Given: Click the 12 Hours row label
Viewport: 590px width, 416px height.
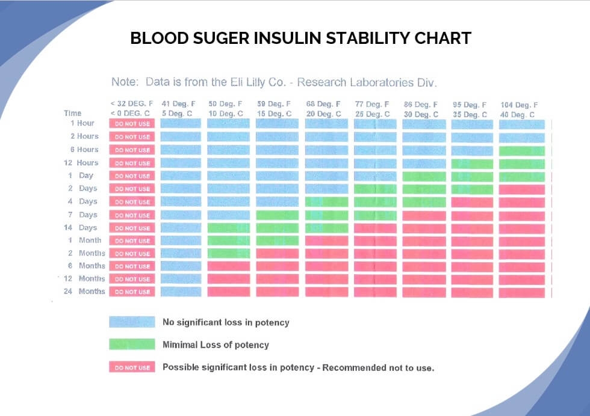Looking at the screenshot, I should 81,163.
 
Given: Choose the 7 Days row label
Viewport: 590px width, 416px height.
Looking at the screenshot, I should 81,215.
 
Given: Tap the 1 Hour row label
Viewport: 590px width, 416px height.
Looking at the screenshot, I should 82,123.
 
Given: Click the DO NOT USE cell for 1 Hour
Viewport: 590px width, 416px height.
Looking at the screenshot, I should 132,124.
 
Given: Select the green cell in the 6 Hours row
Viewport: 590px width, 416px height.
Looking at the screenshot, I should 521,150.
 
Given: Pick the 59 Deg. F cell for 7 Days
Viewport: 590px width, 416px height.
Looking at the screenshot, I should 277,215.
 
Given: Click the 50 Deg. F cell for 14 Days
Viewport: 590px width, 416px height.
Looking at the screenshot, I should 228,228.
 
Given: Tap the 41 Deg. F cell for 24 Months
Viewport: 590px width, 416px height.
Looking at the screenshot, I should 181,292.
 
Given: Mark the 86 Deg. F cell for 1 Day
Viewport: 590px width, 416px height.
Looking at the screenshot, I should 424,176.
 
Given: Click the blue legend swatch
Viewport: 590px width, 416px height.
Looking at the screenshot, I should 132,322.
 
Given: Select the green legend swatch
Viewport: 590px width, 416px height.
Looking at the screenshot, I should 132,344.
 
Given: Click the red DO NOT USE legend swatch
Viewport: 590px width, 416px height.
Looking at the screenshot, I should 132,367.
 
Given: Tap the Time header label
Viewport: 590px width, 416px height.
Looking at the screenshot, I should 72,113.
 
